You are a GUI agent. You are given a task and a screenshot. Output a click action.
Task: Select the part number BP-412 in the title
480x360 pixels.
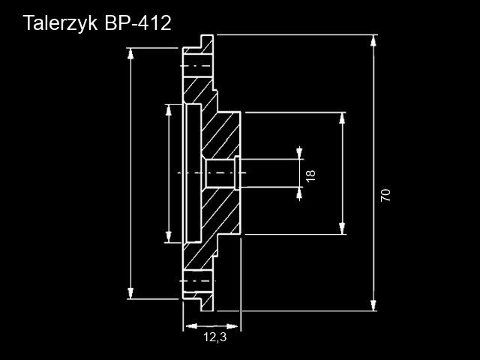(x=138, y=22)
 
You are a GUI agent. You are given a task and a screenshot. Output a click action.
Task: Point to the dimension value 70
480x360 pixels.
(x=385, y=195)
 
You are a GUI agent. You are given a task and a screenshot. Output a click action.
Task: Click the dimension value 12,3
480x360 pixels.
(x=214, y=338)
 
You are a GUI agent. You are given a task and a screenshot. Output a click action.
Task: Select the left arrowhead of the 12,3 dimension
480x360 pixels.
(x=189, y=326)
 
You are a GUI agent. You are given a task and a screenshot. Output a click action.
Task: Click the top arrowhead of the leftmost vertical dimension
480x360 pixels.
(x=131, y=53)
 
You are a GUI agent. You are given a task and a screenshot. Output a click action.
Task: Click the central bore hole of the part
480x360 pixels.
(x=220, y=173)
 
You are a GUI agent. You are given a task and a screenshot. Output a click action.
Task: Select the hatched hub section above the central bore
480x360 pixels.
(x=222, y=135)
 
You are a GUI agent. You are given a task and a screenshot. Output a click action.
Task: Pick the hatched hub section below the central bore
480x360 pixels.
(x=222, y=214)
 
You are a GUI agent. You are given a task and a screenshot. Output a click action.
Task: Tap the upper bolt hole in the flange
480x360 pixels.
(x=198, y=66)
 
